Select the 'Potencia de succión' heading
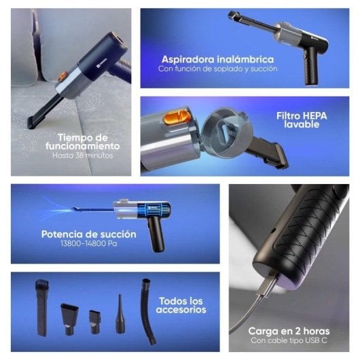click(x=88, y=234)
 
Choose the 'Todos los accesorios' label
click(x=181, y=304)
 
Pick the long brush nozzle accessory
click(x=40, y=306)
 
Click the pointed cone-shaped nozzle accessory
click(x=120, y=313)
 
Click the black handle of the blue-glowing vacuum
click(x=156, y=236)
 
